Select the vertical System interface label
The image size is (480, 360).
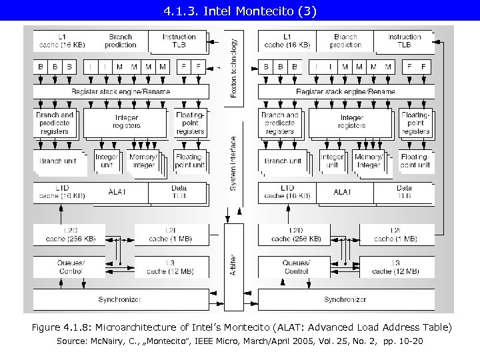[x=233, y=164]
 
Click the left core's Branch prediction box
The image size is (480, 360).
[x=121, y=41]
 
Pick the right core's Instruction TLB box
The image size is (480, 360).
[x=404, y=41]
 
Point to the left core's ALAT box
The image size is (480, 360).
[x=117, y=192]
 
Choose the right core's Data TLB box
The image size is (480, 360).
[x=404, y=192]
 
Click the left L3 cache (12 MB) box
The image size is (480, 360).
[x=170, y=267]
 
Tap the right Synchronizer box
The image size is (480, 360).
[x=345, y=299]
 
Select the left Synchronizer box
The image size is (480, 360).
[x=119, y=299]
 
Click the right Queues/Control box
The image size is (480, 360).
[x=296, y=267]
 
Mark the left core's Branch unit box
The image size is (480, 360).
[x=58, y=161]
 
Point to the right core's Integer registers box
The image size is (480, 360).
[x=351, y=122]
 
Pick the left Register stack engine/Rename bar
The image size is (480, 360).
[x=120, y=91]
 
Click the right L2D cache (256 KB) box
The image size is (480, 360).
[x=295, y=235]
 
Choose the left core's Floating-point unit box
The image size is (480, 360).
[x=189, y=161]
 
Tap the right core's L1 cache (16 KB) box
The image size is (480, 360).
[x=287, y=41]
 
